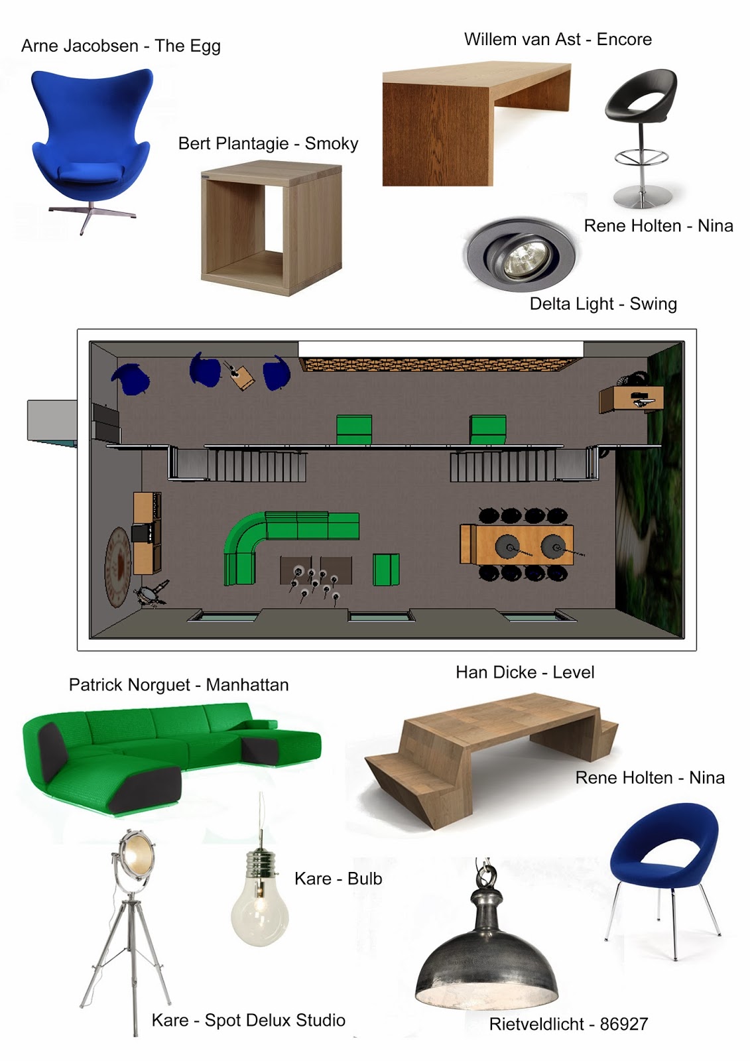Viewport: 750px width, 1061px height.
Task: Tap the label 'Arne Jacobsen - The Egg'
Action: (121, 46)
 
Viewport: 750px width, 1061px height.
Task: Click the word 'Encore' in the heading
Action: (624, 40)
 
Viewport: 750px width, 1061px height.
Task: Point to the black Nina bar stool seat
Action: (641, 99)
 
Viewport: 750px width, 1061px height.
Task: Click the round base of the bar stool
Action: (641, 197)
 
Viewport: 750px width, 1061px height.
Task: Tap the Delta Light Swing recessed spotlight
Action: (520, 254)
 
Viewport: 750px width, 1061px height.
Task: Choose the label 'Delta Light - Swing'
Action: (603, 304)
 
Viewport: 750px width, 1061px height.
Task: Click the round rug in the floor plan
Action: (118, 567)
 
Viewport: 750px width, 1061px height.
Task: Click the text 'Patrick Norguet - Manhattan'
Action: (178, 685)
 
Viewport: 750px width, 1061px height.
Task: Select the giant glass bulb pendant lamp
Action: (260, 902)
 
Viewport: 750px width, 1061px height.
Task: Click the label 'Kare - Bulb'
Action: (338, 879)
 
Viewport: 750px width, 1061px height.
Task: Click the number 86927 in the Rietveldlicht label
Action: (624, 1025)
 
